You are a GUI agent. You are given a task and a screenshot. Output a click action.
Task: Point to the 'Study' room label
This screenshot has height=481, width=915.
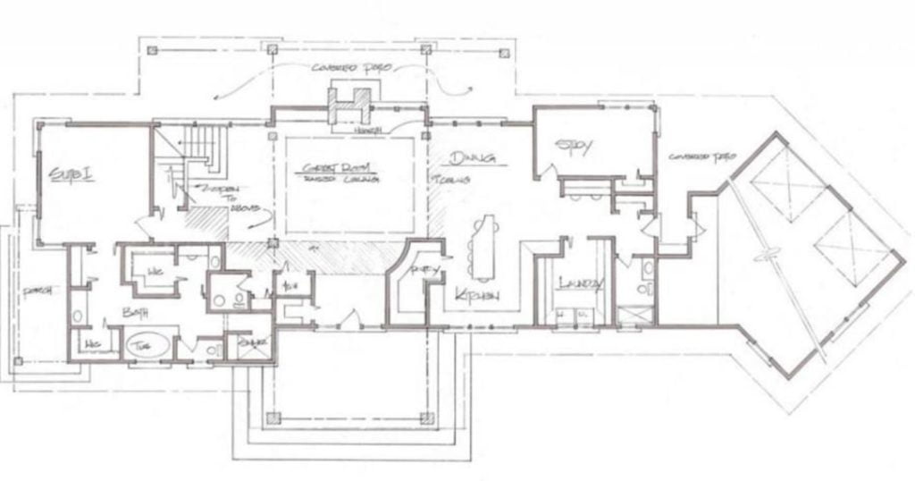pos(573,147)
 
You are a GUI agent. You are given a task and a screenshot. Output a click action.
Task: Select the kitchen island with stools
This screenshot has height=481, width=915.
pos(485,246)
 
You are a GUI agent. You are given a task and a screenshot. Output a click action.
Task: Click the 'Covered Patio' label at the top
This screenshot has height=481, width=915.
pos(348,69)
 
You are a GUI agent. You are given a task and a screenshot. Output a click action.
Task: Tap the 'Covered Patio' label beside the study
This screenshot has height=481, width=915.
pos(701,156)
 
